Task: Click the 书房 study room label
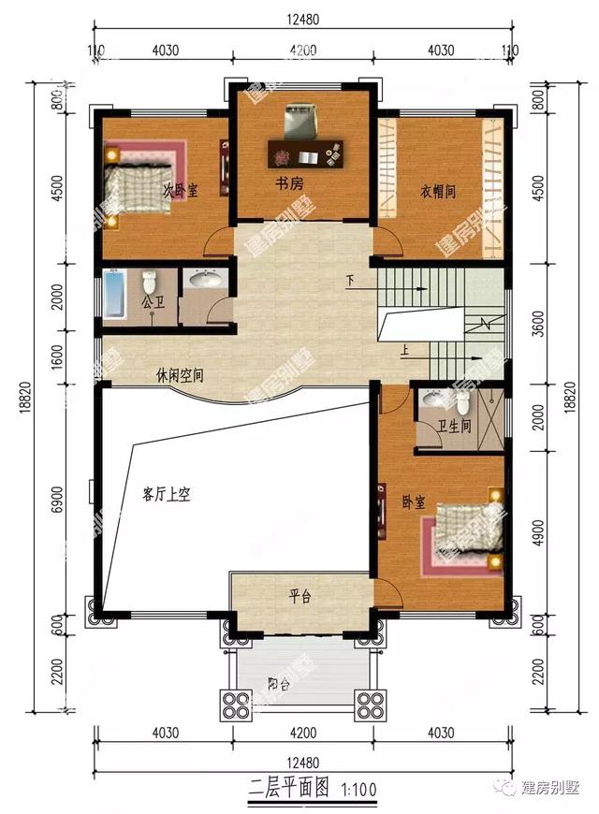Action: [288, 184]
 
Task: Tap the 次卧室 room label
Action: [181, 191]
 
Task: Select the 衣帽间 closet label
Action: [437, 192]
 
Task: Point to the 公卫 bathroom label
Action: [153, 303]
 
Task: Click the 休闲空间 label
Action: [180, 376]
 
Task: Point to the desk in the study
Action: [305, 152]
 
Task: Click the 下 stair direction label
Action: [351, 280]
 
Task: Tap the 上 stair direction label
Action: [404, 351]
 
